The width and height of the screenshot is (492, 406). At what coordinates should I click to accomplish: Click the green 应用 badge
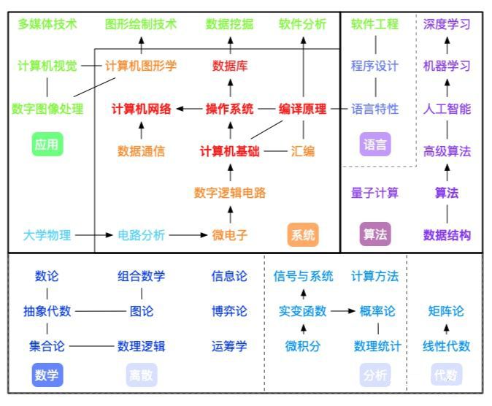coord(47,145)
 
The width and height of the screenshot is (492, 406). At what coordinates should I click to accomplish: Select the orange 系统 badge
coord(303,234)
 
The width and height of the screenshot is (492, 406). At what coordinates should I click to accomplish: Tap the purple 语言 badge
coord(375,145)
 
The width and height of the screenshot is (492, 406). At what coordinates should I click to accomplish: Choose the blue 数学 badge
coord(47,375)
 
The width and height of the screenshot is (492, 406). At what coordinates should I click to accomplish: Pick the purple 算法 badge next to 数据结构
coord(375,234)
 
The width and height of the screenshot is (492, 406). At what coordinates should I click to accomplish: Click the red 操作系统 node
coord(230,109)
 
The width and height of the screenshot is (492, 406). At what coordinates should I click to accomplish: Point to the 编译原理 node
coord(303,109)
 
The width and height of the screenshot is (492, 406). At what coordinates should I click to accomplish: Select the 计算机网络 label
coord(142,109)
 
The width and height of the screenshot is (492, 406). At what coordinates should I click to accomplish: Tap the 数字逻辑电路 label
coord(230,193)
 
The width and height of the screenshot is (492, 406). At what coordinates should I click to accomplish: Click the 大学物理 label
coord(47,234)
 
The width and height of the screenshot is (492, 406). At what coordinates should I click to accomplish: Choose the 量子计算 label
coord(375,193)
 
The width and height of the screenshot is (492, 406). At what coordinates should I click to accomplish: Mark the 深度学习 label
coord(447,24)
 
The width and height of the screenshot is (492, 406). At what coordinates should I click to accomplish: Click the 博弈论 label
coord(229,311)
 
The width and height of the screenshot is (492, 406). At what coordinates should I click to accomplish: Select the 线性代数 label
coord(447,346)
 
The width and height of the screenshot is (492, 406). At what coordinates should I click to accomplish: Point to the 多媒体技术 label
coord(47,24)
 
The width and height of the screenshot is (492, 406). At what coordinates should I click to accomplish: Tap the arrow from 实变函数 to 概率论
coord(342,311)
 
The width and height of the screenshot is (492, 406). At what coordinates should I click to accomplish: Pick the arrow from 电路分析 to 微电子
coord(188,235)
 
